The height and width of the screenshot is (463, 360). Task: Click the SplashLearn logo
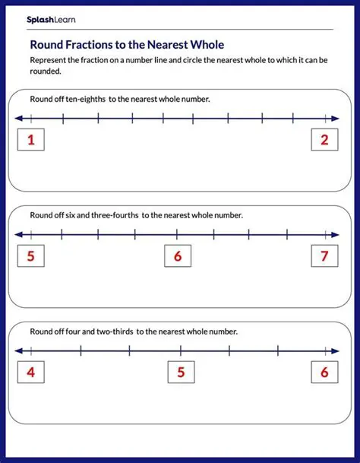click(x=51, y=19)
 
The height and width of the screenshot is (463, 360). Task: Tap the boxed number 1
click(x=31, y=139)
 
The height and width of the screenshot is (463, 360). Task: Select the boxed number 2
click(x=324, y=139)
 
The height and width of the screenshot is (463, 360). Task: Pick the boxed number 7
click(x=324, y=256)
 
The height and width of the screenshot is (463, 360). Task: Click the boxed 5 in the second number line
click(x=31, y=256)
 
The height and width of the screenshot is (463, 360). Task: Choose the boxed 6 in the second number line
click(x=178, y=256)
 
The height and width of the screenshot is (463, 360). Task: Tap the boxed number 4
click(x=31, y=373)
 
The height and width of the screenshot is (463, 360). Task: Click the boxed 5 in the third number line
click(x=181, y=373)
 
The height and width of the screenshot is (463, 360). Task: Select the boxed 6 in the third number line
click(x=324, y=373)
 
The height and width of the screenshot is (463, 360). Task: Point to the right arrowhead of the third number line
click(x=337, y=351)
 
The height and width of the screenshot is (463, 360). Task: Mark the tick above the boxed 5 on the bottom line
click(x=181, y=351)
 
